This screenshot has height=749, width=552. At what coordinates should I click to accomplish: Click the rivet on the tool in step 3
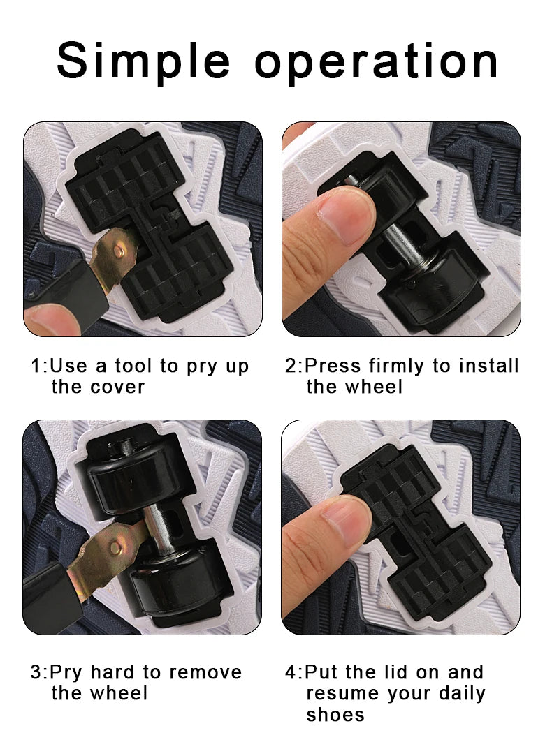click(115, 546)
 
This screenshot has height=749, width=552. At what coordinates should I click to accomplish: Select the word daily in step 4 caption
click(462, 693)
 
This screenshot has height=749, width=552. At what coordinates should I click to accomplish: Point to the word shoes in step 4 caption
click(335, 715)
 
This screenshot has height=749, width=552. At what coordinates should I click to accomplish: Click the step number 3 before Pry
click(36, 672)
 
